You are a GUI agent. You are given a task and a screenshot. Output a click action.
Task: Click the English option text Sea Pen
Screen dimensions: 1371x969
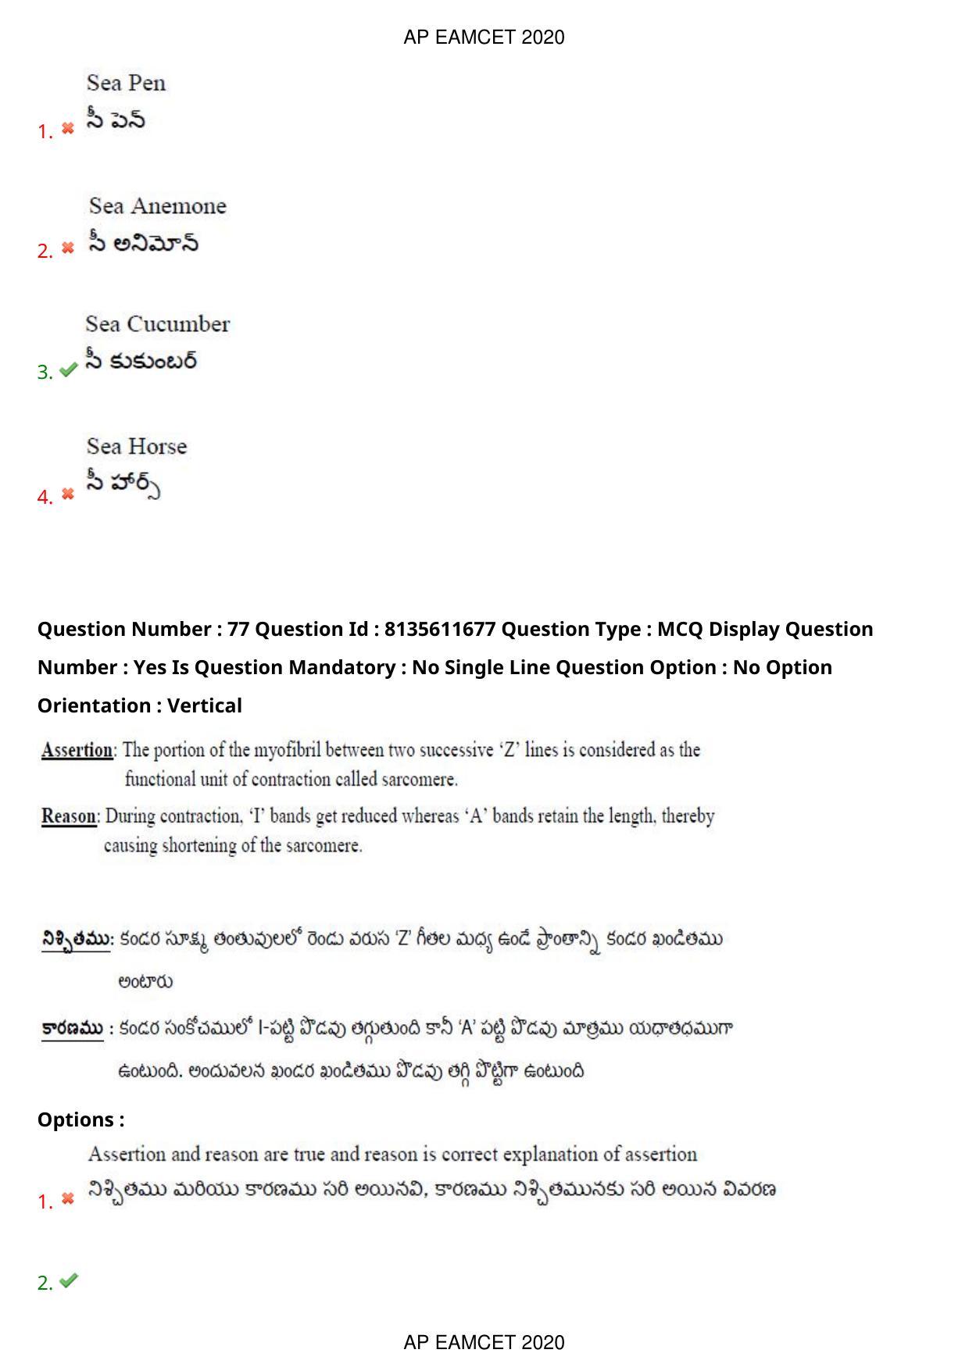[x=126, y=83]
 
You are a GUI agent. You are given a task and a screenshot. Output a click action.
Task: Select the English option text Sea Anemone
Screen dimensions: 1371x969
[x=157, y=205]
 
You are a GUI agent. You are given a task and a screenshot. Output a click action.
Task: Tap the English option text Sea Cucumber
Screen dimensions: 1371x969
[x=157, y=323]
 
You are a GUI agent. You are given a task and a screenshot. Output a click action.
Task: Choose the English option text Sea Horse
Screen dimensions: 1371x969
[x=137, y=446]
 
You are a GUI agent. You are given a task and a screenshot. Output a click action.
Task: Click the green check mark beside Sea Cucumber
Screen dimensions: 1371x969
[x=68, y=370]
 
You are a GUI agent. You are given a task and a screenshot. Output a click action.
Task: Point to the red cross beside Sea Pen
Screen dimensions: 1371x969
[x=68, y=128]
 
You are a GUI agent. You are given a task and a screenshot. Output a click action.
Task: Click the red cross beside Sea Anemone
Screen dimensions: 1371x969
[x=68, y=248]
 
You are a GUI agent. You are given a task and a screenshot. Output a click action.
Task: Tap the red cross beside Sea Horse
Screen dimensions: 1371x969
[x=68, y=494]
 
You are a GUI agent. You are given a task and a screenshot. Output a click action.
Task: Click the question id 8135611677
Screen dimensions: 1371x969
[x=440, y=629]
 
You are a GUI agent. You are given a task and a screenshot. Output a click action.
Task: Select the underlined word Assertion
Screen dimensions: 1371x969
[x=77, y=750]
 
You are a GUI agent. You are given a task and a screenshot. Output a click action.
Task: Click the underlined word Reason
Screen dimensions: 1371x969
[x=69, y=816]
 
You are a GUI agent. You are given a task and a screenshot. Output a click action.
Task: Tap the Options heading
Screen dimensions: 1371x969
[x=80, y=1119]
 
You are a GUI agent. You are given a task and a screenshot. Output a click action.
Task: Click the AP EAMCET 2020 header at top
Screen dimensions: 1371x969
[x=484, y=37]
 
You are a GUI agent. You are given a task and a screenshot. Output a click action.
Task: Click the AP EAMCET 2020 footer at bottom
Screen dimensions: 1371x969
[x=484, y=1342]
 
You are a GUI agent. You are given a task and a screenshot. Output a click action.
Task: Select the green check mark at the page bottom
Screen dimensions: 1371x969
[x=69, y=1280]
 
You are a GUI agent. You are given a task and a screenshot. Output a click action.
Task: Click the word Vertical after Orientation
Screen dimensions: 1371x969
[x=205, y=705]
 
